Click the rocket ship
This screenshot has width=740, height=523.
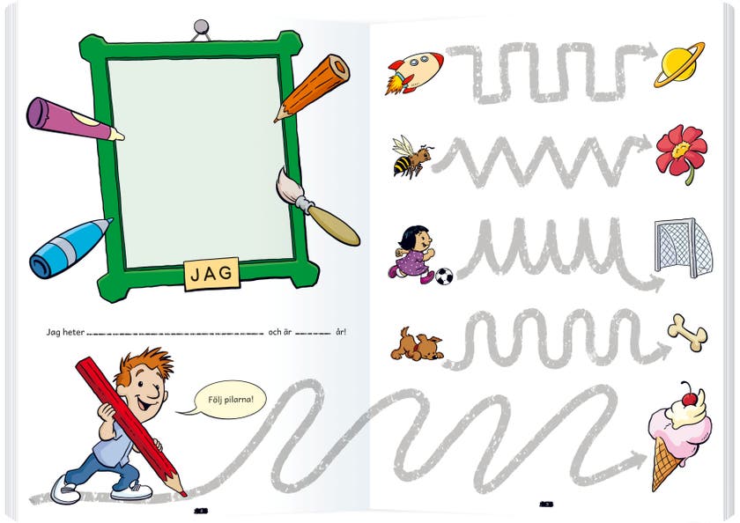coord(414,72)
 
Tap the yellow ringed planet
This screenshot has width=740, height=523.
coord(679,64)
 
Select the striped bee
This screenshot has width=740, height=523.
coord(411,157)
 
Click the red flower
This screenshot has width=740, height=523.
coord(681,151)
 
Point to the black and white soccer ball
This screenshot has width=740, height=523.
coord(444,276)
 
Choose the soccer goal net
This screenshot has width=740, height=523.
coord(683,247)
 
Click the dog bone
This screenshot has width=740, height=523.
coord(687,332)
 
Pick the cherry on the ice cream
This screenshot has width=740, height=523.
coord(690,399)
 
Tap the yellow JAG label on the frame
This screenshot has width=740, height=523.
coord(212,274)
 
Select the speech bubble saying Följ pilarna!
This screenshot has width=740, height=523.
coord(230,400)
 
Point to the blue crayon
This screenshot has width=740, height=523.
coord(69,248)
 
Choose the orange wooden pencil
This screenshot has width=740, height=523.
coord(314,87)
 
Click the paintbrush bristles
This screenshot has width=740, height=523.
coord(288,188)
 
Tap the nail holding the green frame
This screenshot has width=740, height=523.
coord(202,27)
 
